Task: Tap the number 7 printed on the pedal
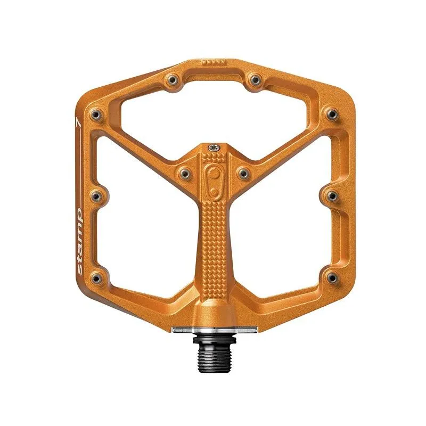[79, 121]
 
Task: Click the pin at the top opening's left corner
[172, 80]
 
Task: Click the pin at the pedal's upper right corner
[331, 113]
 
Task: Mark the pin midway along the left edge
[96, 196]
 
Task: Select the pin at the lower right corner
[331, 277]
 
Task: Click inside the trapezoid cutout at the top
[213, 106]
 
